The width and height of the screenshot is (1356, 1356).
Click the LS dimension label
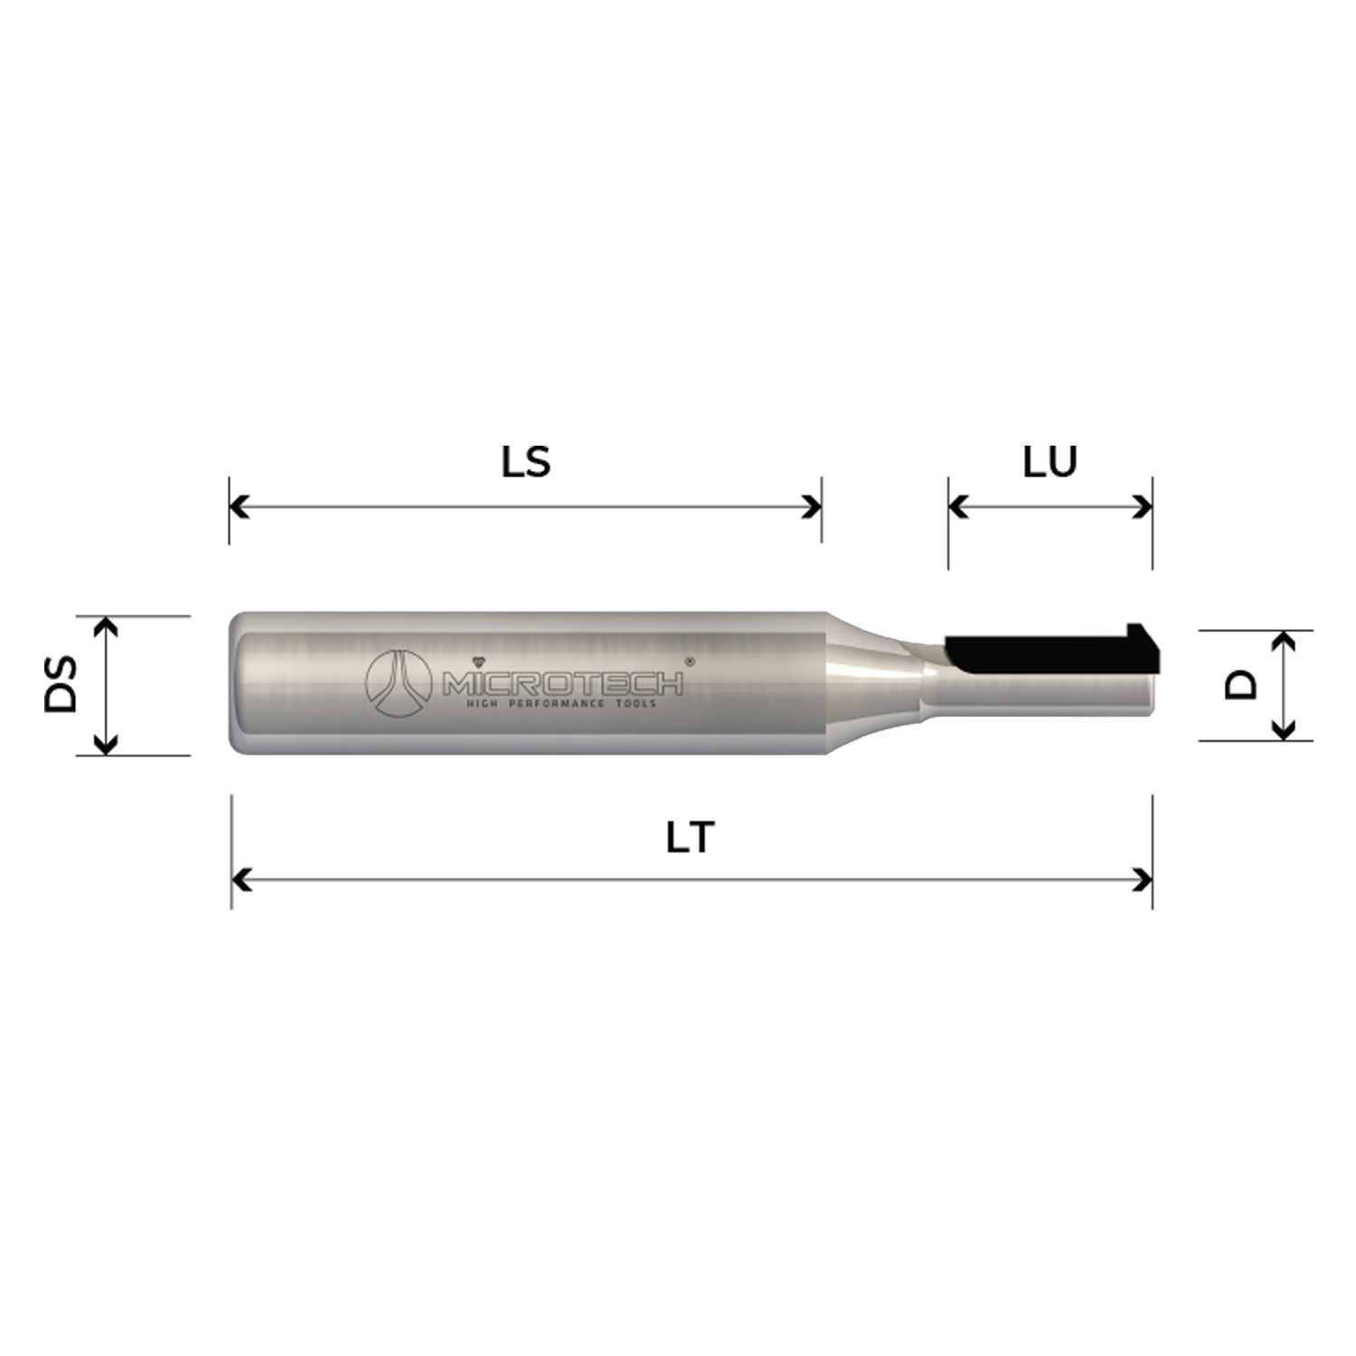pos(525,462)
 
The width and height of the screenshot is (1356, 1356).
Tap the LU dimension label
pos(1050,462)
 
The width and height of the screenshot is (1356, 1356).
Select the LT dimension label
pos(691,838)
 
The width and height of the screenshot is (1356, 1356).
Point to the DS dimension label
pos(61,685)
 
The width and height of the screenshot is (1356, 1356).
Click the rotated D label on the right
pos(1241,684)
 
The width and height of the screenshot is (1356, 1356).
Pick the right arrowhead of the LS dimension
pos(812,506)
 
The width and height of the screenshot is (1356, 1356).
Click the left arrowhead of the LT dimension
pos(241,879)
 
